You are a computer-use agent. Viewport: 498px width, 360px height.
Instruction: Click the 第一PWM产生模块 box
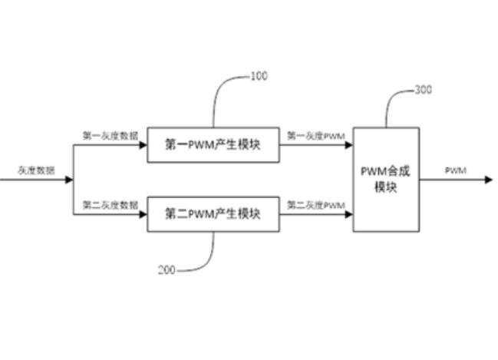(213, 144)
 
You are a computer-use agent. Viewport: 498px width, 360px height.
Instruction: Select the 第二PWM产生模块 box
(213, 213)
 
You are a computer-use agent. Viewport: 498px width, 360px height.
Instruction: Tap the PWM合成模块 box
(386, 180)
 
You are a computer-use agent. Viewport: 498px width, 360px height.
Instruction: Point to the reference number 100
(259, 76)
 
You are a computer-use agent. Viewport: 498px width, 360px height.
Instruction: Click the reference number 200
(167, 270)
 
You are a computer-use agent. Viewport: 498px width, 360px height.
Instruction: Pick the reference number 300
(423, 90)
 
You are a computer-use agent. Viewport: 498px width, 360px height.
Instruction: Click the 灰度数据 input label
(36, 170)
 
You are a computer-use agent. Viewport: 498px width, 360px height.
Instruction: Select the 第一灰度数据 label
(110, 135)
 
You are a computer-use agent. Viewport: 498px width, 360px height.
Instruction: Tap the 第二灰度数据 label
(110, 204)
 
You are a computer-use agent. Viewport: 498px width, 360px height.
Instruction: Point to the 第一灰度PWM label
(315, 135)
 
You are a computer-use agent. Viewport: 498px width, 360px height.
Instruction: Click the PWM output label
(456, 170)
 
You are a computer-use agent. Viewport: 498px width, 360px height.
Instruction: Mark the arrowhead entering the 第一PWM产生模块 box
(143, 144)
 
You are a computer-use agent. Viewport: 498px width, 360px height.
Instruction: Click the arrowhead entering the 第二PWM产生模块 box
(143, 213)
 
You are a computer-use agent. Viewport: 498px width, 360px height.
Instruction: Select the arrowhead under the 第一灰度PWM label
(348, 144)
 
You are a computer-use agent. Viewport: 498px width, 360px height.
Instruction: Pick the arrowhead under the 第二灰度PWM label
(348, 213)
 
